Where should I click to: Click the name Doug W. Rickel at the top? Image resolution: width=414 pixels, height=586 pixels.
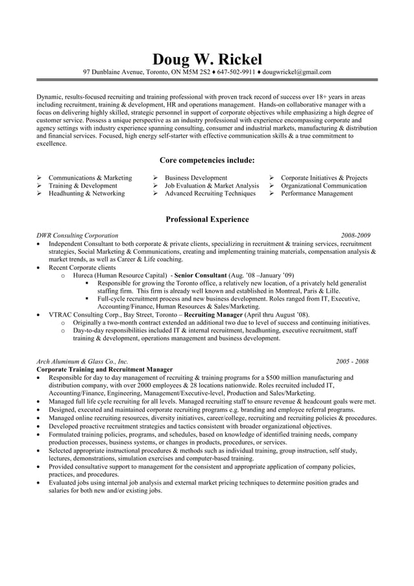[207, 58]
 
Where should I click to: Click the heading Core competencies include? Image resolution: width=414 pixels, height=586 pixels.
[207, 160]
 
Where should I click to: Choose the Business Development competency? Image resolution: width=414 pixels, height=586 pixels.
[196, 178]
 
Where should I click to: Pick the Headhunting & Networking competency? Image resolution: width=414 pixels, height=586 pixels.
[86, 193]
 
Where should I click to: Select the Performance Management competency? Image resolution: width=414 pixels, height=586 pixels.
[317, 193]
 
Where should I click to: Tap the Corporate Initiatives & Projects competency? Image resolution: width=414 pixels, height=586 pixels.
[324, 178]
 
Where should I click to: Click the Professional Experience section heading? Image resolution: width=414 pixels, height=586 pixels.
[207, 219]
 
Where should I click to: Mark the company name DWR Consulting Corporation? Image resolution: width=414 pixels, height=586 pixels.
[77, 236]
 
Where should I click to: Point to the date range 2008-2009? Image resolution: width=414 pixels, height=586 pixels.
[356, 236]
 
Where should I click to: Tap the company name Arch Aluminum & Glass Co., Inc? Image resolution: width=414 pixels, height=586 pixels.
[82, 361]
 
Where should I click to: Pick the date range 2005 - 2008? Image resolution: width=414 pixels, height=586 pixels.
[352, 361]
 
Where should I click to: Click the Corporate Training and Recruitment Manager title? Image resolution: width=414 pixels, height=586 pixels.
[104, 369]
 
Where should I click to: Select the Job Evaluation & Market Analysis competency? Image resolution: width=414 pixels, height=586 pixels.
[212, 186]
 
